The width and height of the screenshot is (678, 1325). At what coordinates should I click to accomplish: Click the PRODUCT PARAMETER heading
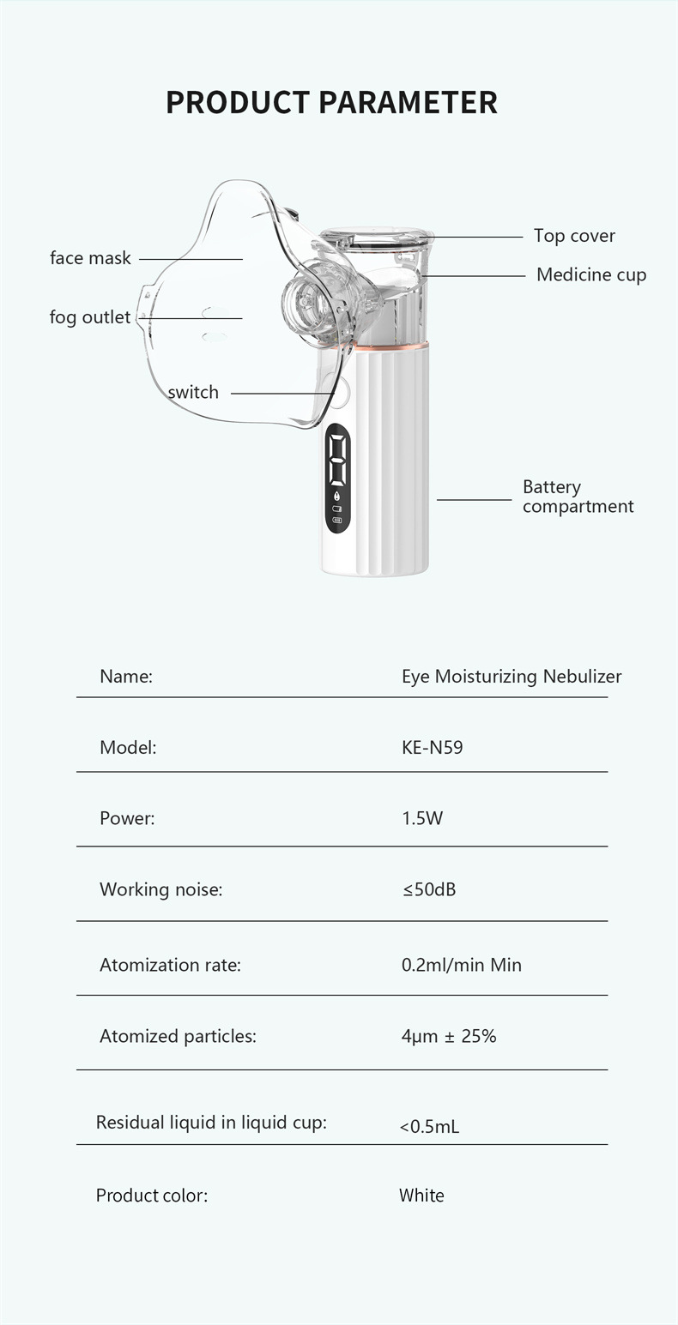point(331,102)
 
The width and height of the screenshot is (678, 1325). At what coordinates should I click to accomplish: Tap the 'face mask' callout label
point(90,258)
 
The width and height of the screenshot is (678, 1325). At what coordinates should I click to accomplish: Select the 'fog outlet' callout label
point(90,317)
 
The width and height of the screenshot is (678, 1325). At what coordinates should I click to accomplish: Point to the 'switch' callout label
point(193,393)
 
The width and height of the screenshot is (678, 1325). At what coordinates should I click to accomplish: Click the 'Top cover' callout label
point(574,236)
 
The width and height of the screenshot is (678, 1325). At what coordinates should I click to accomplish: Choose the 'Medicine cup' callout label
point(591,275)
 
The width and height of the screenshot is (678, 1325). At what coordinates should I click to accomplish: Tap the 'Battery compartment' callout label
point(578,497)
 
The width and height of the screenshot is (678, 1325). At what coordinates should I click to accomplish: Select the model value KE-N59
point(432,748)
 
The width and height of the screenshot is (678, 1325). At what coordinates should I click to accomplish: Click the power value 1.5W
point(422,818)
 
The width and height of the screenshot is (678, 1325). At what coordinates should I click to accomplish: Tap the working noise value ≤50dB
point(428,889)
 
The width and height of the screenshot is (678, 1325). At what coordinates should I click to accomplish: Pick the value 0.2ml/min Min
point(461,965)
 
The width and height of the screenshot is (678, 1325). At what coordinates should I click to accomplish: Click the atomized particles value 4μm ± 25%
point(448,1036)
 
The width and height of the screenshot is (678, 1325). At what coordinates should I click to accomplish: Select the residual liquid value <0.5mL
point(429,1126)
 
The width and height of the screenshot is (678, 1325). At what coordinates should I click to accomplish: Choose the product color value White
point(421,1196)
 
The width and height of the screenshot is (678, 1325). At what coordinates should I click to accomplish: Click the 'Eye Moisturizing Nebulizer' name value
point(512,677)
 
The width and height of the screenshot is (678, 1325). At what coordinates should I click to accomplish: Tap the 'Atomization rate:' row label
point(170,965)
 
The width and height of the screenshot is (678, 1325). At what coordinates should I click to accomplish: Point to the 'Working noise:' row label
point(160,889)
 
